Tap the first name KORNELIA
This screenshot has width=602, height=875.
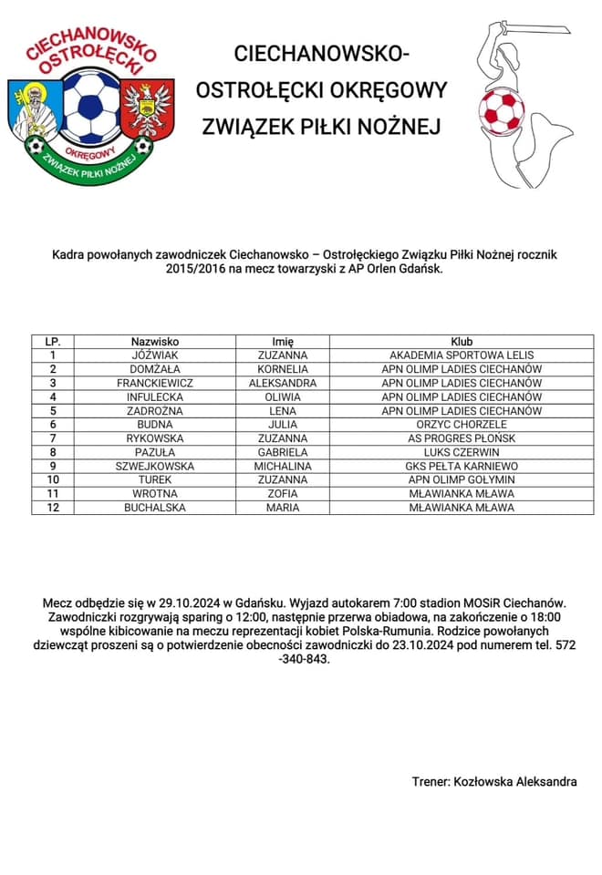[x=283, y=369]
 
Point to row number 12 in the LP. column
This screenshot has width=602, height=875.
[x=54, y=507]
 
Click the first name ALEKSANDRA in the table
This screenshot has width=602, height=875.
[x=283, y=383]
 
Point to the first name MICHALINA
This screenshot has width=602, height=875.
[x=283, y=466]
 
